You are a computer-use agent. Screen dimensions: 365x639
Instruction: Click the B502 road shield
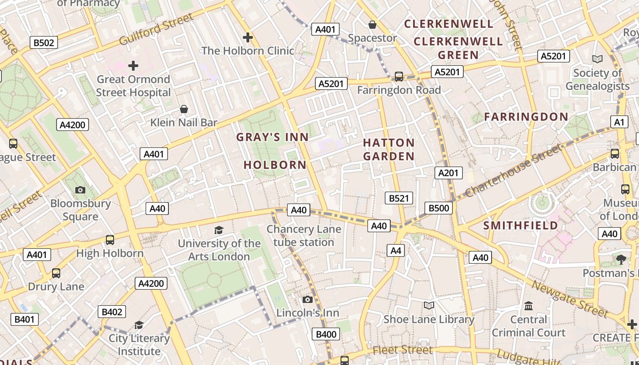point(44,43)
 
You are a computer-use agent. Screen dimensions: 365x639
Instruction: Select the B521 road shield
point(399,198)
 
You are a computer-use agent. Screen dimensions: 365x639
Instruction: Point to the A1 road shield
point(619,122)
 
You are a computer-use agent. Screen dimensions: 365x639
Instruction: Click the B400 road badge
point(326,334)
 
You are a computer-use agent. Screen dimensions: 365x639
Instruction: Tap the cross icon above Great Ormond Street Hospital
point(133,66)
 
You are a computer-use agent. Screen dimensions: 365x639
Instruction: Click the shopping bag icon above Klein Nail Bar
point(184,109)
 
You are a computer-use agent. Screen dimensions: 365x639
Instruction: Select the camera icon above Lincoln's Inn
point(308,299)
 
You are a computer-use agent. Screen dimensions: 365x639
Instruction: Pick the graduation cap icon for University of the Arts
point(219,230)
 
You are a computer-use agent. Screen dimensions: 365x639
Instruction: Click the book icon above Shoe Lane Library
point(429,305)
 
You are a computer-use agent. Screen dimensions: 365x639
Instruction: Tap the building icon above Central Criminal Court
point(529,306)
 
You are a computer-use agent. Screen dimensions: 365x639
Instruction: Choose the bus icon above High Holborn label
point(110,240)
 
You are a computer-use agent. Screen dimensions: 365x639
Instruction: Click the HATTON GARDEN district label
point(389,150)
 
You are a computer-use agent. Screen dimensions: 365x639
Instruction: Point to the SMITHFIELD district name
point(521,225)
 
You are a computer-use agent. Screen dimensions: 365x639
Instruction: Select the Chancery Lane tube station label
point(304,235)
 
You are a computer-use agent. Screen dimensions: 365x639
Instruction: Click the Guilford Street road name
point(157,29)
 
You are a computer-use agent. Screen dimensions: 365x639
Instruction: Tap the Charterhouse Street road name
point(513,170)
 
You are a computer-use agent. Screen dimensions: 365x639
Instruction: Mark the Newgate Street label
point(571,299)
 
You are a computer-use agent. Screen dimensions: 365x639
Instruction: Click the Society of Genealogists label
point(597,79)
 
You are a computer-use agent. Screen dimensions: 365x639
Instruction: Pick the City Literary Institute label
point(139,345)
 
